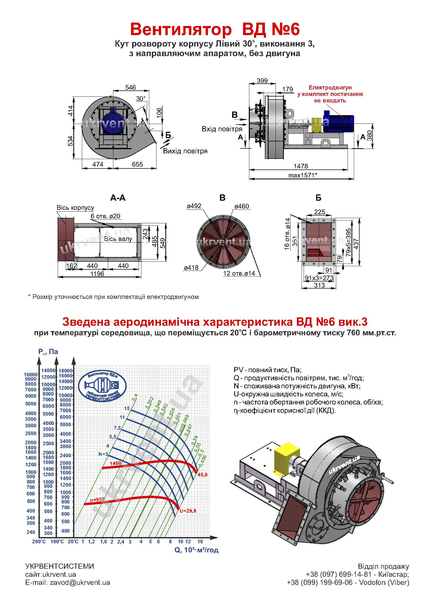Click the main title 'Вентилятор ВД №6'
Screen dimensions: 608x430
(215, 29)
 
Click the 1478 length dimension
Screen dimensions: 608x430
(301, 166)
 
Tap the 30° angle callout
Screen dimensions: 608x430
(141, 99)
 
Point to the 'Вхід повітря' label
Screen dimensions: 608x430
(222, 129)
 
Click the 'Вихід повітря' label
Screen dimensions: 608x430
(185, 151)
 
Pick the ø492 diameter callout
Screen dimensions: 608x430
(194, 206)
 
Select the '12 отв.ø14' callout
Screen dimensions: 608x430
(239, 273)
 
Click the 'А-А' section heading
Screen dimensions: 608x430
(118, 198)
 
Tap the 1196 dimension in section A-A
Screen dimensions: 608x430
(97, 273)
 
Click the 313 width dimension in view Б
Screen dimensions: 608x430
(319, 285)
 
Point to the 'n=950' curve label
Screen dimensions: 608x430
(97, 499)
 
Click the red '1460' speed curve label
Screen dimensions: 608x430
(115, 463)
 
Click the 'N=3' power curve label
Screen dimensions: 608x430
(103, 454)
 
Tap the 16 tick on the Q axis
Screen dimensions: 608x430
(200, 541)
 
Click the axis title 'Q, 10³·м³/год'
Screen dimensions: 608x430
(197, 550)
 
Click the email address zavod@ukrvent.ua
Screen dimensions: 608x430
(80, 583)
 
